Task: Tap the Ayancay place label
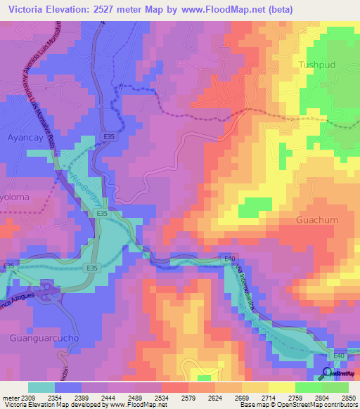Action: click(25, 138)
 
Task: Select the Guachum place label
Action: click(317, 220)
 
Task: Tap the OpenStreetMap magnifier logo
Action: click(328, 372)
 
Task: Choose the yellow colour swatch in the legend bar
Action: click(281, 387)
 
